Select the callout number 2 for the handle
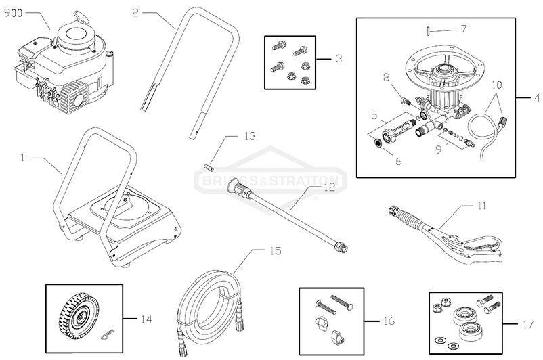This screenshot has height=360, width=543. click(135, 12)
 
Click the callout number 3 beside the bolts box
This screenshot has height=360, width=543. click(339, 59)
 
